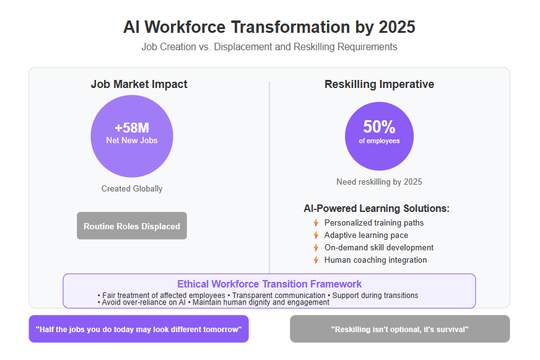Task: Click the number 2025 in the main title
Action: (x=397, y=27)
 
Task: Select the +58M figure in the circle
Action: (x=132, y=128)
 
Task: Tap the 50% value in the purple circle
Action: (x=379, y=127)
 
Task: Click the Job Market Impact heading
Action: (x=139, y=84)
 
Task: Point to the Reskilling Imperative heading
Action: (x=379, y=84)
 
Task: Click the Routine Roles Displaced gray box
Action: (x=132, y=226)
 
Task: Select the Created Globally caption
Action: (x=132, y=189)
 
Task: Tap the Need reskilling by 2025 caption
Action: (x=379, y=182)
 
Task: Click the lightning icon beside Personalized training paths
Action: (x=316, y=223)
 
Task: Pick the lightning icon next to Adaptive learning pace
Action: (x=316, y=235)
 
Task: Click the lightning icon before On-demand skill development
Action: (x=316, y=248)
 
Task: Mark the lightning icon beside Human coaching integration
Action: (x=316, y=260)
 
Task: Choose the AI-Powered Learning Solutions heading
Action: (x=377, y=208)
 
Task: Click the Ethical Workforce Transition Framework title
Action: (x=269, y=284)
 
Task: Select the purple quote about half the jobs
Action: (x=139, y=329)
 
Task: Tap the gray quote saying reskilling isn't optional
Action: (x=400, y=329)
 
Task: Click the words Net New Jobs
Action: (x=132, y=140)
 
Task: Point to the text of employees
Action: (x=379, y=141)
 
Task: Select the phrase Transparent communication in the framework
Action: (x=279, y=295)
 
